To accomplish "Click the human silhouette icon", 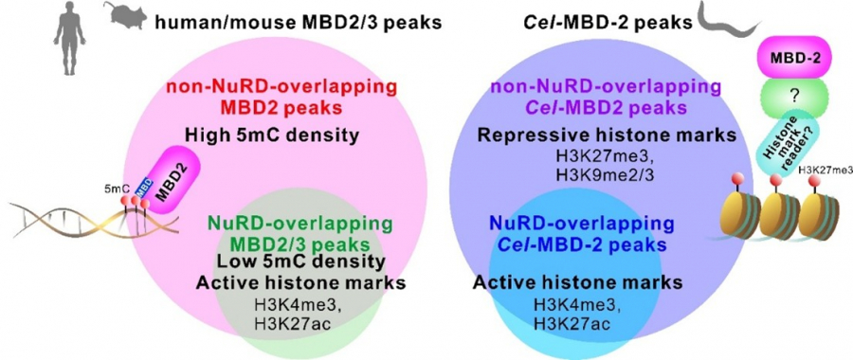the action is pyautogui.click(x=69, y=39).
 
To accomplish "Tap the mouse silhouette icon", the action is pyautogui.click(x=126, y=14).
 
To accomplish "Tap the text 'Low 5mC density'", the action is pyautogui.click(x=301, y=262).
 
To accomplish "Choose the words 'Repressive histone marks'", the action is pyautogui.click(x=608, y=135).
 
